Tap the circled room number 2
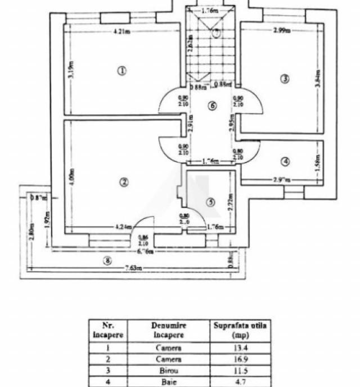click(124, 182)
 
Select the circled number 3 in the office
click(285, 79)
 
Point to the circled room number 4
click(285, 162)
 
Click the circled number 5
click(210, 202)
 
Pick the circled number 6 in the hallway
click(211, 106)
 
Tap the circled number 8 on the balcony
click(107, 260)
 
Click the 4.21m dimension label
click(122, 31)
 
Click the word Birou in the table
click(168, 370)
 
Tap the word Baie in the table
click(168, 381)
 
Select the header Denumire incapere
click(168, 330)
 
